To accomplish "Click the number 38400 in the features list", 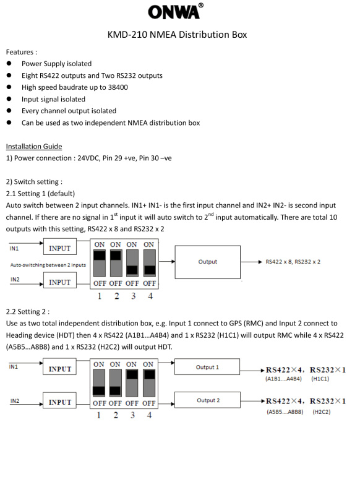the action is point(118,87).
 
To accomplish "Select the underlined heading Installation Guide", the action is point(34,147).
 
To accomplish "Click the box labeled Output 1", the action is point(207,367).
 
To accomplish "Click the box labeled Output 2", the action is point(207,400).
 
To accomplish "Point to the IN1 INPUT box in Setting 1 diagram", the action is point(60,246).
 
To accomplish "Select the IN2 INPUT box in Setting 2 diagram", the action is point(59,400).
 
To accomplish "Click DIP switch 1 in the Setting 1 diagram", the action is point(100,263).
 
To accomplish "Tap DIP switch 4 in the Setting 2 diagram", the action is point(149,383).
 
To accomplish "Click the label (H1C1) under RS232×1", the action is point(320,379).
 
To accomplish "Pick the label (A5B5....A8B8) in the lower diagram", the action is point(285,412).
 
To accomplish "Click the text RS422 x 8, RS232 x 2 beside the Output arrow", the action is point(293,262).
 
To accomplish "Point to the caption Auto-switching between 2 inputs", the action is point(48,265).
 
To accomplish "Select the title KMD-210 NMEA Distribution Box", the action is point(177,35).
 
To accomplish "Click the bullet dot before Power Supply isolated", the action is point(9,64).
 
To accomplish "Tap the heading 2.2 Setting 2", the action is point(28,312).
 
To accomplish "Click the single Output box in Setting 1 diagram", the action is point(208,262).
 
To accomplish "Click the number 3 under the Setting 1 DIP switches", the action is point(134,296).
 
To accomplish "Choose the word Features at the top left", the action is point(20,52).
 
